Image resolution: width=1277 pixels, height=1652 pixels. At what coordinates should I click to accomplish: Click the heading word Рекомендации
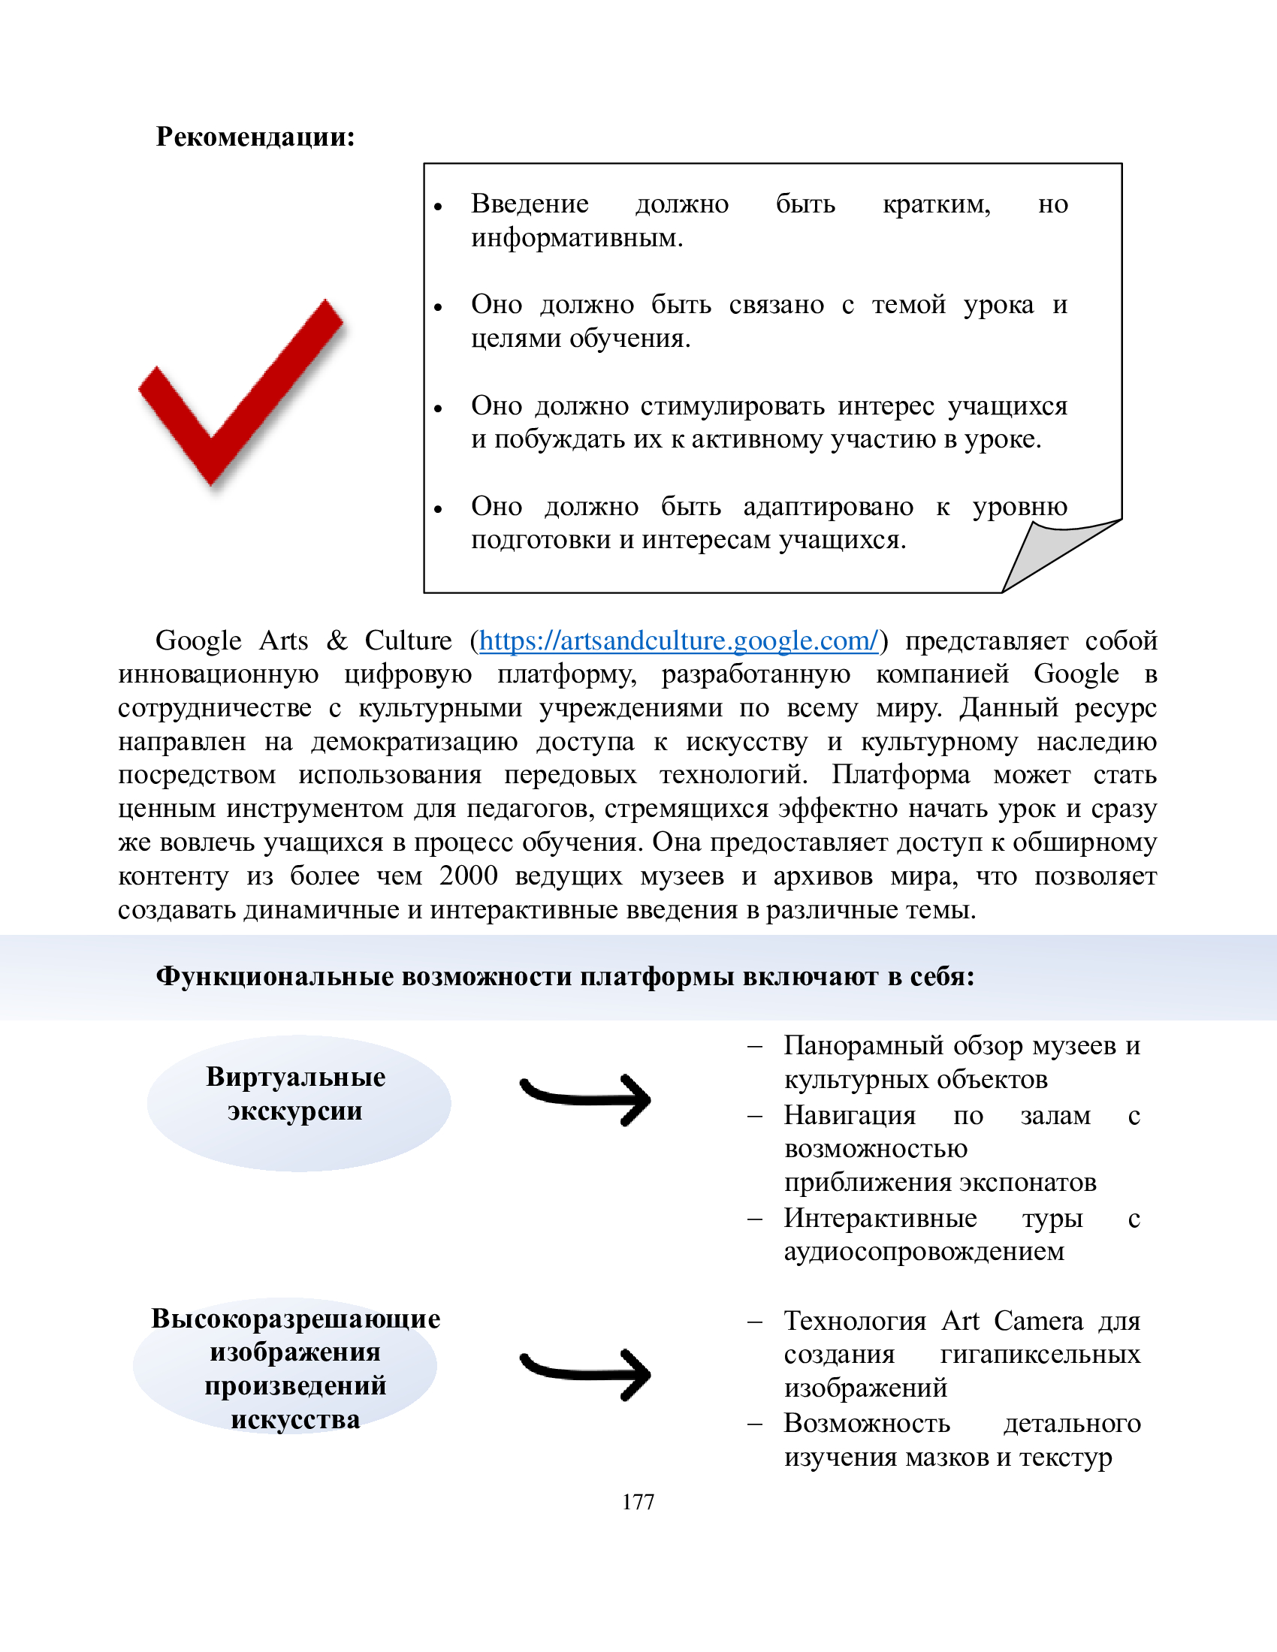254,137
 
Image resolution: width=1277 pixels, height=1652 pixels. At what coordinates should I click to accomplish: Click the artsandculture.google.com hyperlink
678,641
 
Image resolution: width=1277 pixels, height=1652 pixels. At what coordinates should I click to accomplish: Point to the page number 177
638,1502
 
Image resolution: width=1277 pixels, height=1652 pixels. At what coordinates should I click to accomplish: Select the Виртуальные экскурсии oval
298,1103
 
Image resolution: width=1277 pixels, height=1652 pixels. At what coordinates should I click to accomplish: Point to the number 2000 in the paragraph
468,876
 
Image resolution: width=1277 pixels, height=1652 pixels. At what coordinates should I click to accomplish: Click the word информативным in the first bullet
576,238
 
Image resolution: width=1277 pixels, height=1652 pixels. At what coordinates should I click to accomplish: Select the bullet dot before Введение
437,206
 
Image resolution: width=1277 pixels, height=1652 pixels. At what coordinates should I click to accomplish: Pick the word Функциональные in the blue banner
276,976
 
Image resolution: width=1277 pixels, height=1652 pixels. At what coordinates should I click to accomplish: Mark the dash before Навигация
754,1116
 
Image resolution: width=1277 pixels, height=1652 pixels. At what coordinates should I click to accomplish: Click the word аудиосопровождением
924,1251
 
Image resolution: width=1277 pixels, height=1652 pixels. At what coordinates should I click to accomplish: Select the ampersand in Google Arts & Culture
337,641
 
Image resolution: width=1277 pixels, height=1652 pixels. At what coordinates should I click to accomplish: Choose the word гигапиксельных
1040,1354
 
